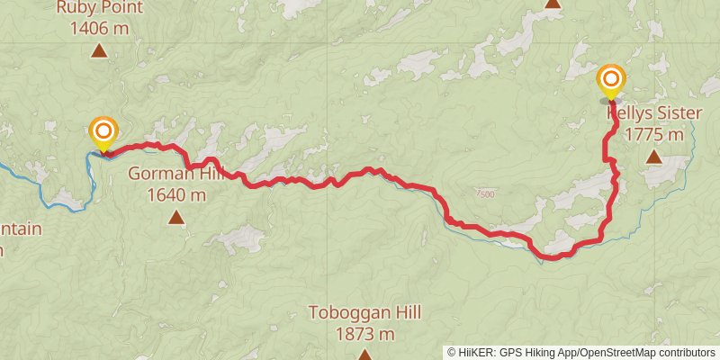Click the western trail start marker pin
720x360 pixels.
[x=103, y=132]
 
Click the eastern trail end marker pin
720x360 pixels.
[x=611, y=81]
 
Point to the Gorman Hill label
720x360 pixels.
[x=175, y=174]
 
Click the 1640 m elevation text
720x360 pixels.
[x=175, y=194]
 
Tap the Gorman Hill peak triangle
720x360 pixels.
[x=175, y=217]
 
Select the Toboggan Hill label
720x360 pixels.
[x=364, y=313]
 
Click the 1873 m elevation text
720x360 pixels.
[x=364, y=334]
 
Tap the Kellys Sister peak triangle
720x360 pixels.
[x=654, y=157]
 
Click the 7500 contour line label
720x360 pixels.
[x=484, y=193]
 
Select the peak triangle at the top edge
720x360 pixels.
[x=553, y=3]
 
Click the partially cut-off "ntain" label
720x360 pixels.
[x=20, y=229]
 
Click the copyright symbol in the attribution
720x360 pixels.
[x=452, y=352]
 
